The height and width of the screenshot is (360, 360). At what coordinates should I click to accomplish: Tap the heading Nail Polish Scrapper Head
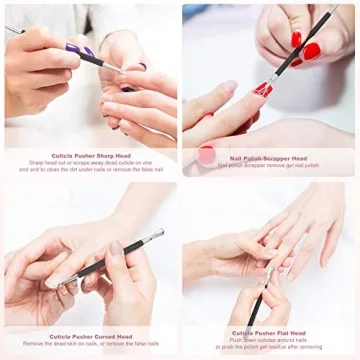(x=271, y=157)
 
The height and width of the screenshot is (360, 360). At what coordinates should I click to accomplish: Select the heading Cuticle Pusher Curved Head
(x=90, y=337)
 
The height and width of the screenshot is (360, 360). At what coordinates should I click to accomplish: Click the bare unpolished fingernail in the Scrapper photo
(x=229, y=87)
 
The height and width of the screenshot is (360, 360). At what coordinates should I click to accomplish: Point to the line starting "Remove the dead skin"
(x=90, y=345)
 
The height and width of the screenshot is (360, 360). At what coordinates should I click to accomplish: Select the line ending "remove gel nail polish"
(x=271, y=164)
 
